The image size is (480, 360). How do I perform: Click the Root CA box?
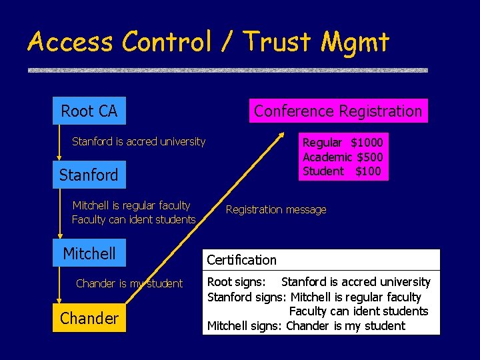click(x=89, y=111)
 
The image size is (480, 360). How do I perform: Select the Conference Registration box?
click(x=338, y=111)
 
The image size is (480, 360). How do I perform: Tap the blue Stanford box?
click(x=89, y=175)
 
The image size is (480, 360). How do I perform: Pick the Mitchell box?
click(x=89, y=253)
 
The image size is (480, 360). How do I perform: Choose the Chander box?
click(x=89, y=318)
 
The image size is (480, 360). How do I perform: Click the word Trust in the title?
click(x=279, y=42)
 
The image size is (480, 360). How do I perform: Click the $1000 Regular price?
click(x=367, y=143)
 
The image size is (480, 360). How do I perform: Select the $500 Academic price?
click(x=370, y=157)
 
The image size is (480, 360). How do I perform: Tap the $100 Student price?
click(x=368, y=171)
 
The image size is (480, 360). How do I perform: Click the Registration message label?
click(x=276, y=210)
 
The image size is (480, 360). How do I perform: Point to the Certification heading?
click(x=241, y=260)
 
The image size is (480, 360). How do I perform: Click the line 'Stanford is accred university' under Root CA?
click(x=139, y=141)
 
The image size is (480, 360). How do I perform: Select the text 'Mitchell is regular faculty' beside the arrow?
click(x=131, y=205)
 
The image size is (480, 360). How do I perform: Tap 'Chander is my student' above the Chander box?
click(x=129, y=284)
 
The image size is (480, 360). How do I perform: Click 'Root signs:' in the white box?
click(x=237, y=282)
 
